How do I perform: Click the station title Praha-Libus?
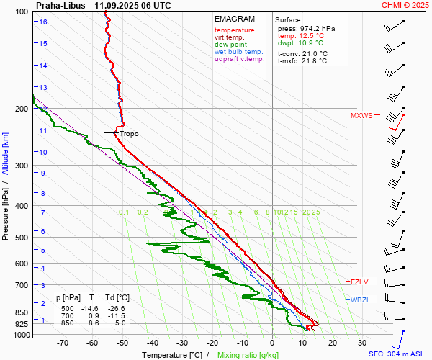click(60, 5)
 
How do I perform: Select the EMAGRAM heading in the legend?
click(235, 19)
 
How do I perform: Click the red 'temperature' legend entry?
click(234, 30)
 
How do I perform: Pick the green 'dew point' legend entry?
click(230, 45)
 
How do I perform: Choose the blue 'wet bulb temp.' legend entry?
click(239, 52)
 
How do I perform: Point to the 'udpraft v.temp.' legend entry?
click(240, 59)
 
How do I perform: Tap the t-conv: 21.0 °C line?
click(302, 53)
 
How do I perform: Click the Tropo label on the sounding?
click(129, 134)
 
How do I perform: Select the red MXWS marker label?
click(361, 115)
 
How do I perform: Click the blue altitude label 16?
click(43, 22)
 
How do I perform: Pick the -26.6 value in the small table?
click(117, 308)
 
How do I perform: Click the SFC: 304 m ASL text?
click(398, 354)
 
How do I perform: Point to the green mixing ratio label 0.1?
click(124, 212)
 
